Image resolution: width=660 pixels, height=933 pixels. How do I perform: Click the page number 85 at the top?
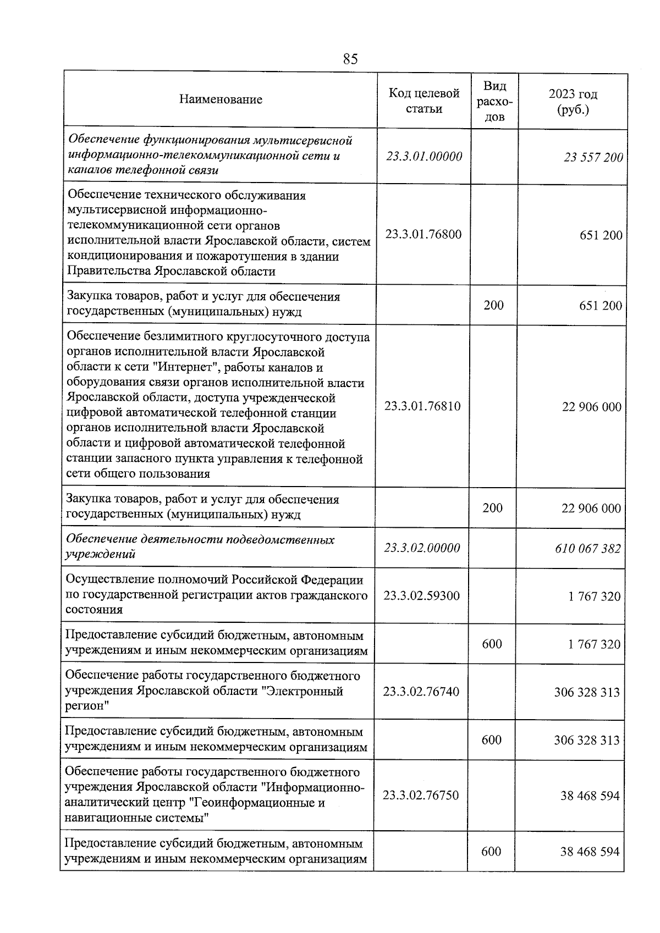click(x=350, y=59)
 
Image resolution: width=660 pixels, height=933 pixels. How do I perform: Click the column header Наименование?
click(x=221, y=100)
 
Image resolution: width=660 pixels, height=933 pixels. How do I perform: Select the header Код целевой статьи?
click(x=424, y=101)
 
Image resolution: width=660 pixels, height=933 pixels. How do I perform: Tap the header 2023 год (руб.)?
click(x=573, y=101)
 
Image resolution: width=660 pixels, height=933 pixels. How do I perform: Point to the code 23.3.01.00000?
click(x=424, y=156)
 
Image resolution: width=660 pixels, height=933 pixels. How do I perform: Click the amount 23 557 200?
click(x=593, y=158)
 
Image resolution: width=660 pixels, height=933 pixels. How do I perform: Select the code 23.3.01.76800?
click(x=423, y=234)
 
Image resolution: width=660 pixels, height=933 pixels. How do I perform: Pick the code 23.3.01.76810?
click(x=422, y=406)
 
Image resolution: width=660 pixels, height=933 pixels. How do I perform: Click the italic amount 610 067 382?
click(x=587, y=548)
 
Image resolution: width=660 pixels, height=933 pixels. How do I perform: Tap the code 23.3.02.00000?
click(x=422, y=548)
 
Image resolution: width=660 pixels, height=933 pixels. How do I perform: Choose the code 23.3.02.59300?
click(x=421, y=595)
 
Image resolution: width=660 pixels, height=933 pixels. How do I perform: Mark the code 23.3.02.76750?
click(x=421, y=795)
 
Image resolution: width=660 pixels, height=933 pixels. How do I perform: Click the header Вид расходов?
click(x=494, y=101)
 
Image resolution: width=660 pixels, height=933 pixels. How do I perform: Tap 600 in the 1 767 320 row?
click(x=492, y=643)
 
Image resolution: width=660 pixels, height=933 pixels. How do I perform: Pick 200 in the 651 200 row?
click(x=493, y=305)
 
